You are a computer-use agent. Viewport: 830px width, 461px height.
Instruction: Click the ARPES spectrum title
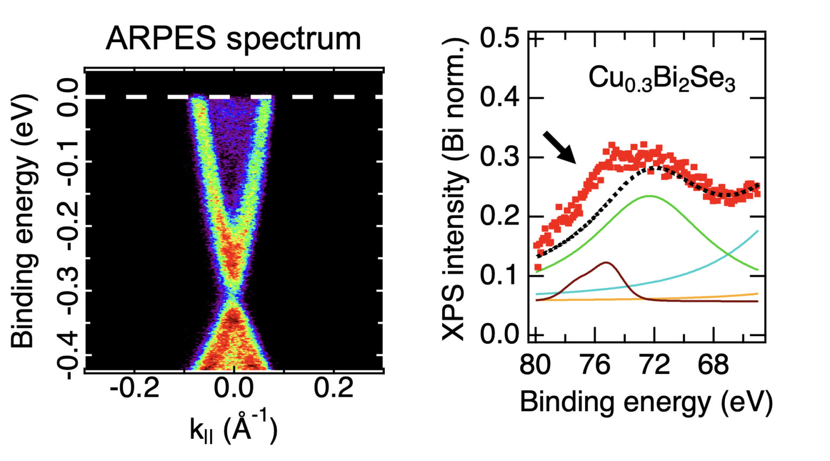click(x=233, y=39)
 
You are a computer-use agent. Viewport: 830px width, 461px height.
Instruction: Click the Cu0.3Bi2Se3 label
click(x=661, y=79)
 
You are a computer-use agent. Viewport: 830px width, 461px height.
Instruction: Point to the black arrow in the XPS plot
click(x=559, y=146)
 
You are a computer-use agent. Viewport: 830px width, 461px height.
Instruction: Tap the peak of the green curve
click(x=648, y=196)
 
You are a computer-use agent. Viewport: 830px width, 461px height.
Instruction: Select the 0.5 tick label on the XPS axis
click(x=499, y=39)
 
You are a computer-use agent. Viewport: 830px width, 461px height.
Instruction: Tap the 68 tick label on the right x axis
click(x=713, y=365)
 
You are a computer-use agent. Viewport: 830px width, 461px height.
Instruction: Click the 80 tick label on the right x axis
click(x=535, y=365)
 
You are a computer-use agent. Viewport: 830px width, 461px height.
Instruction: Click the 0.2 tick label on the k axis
click(x=334, y=388)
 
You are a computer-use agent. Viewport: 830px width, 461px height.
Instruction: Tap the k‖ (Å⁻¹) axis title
click(x=233, y=429)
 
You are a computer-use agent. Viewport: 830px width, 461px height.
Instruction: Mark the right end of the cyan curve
click(x=758, y=231)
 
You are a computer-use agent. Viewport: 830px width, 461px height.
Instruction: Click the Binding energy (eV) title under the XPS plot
click(x=646, y=402)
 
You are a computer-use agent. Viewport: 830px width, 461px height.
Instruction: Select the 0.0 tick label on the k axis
click(x=233, y=388)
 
